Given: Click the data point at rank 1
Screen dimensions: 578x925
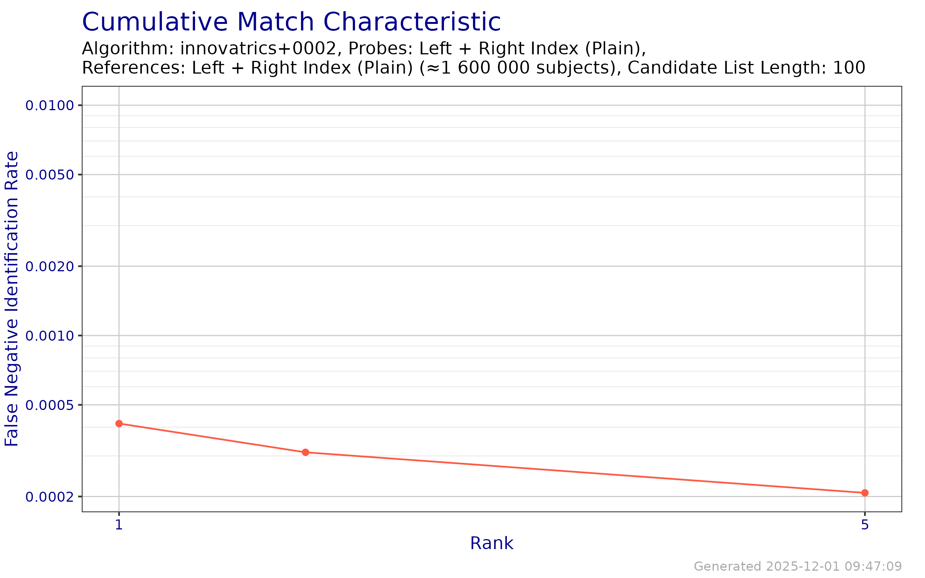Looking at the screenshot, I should (119, 423).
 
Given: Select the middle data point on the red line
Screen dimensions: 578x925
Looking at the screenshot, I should (305, 452).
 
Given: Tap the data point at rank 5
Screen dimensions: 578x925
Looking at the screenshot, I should (865, 493).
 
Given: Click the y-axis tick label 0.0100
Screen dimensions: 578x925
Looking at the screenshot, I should (49, 105).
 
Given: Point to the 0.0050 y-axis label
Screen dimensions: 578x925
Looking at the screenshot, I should (49, 175).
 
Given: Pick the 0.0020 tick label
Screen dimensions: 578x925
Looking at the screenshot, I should (49, 266).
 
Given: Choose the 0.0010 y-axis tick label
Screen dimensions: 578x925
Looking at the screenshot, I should (49, 336).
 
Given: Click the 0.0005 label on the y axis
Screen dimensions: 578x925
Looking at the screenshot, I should (49, 405).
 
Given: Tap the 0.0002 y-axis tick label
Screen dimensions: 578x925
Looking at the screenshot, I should (49, 497).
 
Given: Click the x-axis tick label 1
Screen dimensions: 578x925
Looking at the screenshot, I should (119, 525).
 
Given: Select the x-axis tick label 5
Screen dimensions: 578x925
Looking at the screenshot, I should (865, 525).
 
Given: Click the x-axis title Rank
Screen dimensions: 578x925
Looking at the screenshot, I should (492, 544).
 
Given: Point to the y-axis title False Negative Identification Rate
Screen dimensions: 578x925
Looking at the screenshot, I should (12, 299).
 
